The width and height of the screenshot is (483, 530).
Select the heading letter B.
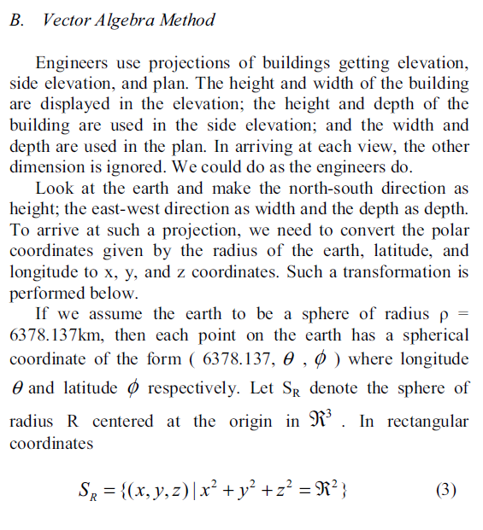(x=16, y=20)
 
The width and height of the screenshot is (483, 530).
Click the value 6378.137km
(x=51, y=335)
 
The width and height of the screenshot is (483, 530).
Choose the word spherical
(x=433, y=335)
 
